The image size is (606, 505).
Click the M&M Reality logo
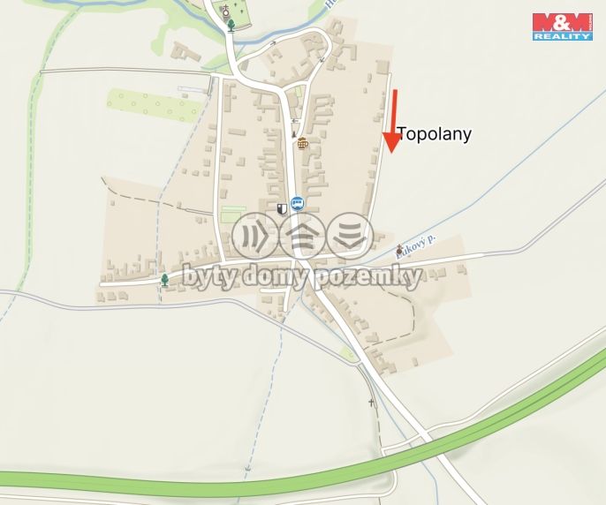[562, 26]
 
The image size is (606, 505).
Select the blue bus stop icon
[297, 203]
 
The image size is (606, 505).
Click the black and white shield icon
[282, 209]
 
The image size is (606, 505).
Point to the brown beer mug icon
[303, 143]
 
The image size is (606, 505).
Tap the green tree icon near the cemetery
[231, 25]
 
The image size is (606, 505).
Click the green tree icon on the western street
[164, 280]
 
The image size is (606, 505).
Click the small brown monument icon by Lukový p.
[400, 249]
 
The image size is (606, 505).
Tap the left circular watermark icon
[255, 236]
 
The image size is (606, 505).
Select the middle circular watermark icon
[303, 236]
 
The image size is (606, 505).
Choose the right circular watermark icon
[350, 236]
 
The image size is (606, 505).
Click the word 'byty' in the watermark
[207, 277]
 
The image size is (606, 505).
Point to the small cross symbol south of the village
[372, 403]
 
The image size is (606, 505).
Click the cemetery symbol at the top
[225, 11]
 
